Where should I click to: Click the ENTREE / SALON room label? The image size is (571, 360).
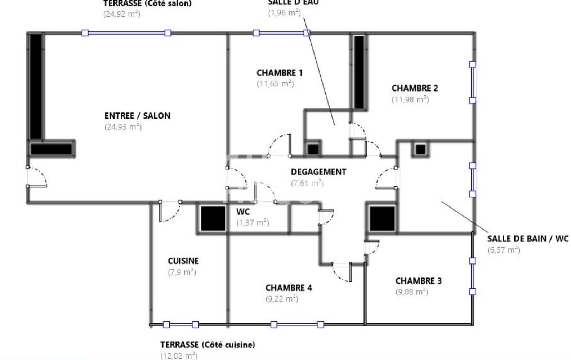(x=137, y=116)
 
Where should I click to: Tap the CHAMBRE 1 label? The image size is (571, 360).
(x=280, y=73)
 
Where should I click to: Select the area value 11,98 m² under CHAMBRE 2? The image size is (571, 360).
(x=410, y=99)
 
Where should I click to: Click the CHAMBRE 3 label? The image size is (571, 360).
(x=418, y=281)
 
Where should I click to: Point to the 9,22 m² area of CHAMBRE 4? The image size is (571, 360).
(x=282, y=299)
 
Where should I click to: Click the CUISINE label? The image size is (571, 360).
(x=183, y=261)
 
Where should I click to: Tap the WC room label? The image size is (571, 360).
(x=243, y=212)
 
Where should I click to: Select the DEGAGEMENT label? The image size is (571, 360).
(x=318, y=172)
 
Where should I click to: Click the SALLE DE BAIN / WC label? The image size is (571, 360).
(x=528, y=239)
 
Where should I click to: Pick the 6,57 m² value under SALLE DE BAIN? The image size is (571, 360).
(x=504, y=250)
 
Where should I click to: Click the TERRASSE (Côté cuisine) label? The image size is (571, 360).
(x=208, y=345)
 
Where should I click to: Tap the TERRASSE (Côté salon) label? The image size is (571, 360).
(x=147, y=4)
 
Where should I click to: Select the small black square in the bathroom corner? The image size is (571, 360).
(x=420, y=149)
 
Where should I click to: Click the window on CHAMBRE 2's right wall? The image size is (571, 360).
(x=472, y=83)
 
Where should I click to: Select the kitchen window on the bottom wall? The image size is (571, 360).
(x=180, y=325)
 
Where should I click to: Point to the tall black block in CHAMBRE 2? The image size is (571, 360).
(x=359, y=72)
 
